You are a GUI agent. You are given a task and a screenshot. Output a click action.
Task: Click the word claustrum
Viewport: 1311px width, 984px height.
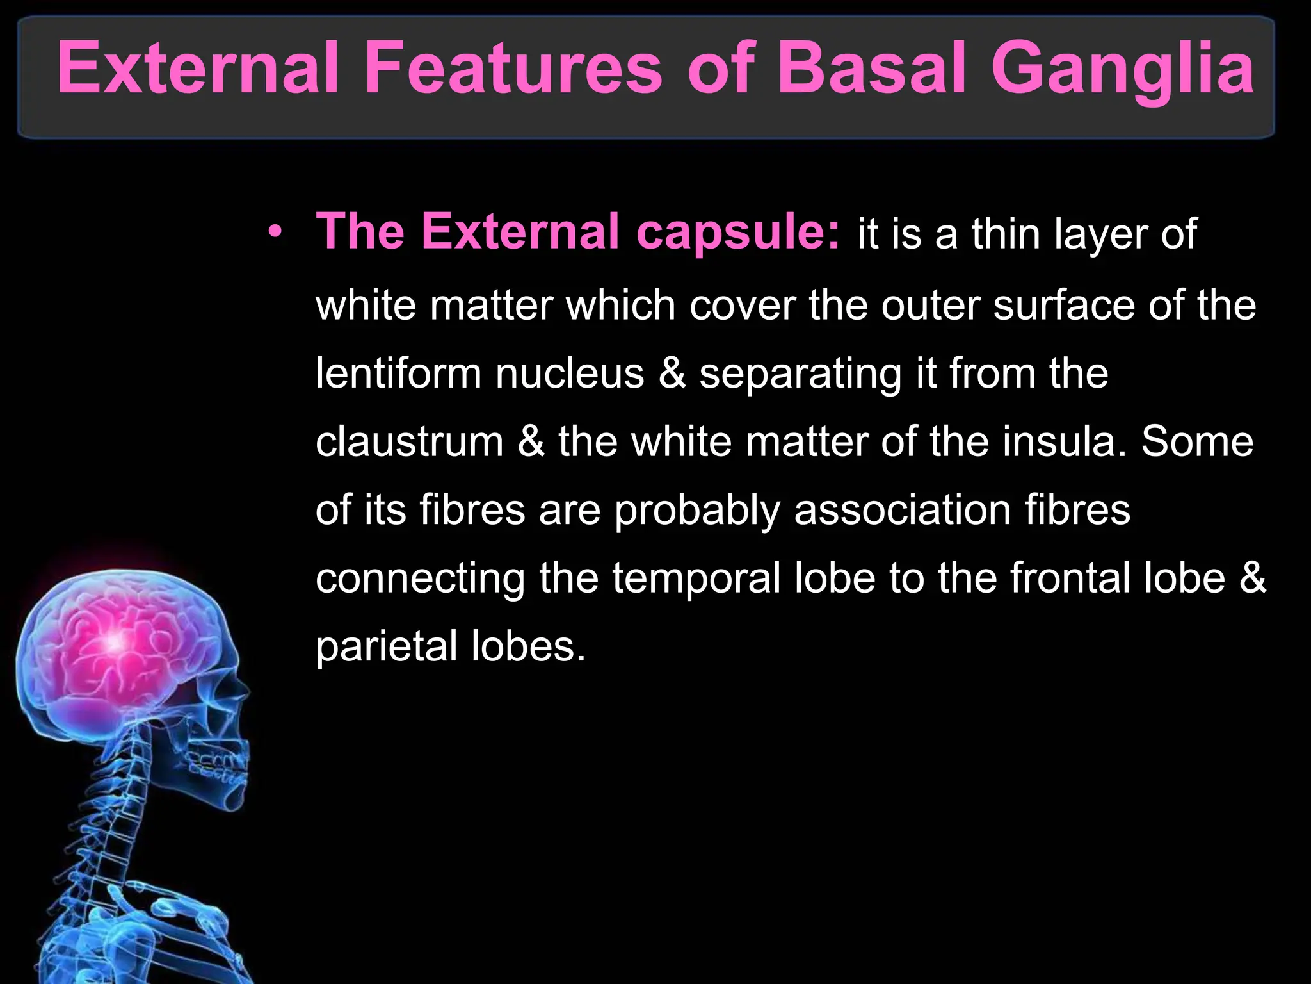pyautogui.click(x=410, y=441)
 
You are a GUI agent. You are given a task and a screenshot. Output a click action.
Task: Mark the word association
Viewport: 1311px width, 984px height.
pyautogui.click(x=902, y=510)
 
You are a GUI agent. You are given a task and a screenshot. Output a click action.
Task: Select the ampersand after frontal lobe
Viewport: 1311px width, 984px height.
pyautogui.click(x=1253, y=578)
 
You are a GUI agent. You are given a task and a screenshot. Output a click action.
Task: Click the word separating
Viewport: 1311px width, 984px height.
pyautogui.click(x=800, y=375)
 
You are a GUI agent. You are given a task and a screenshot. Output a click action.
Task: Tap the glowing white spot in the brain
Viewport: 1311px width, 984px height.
pyautogui.click(x=116, y=641)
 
